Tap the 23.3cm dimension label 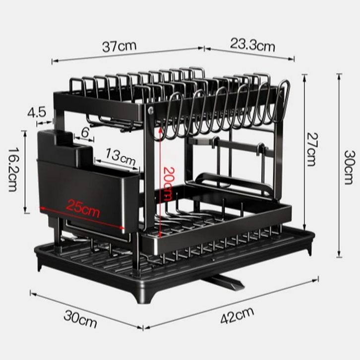click(x=252, y=45)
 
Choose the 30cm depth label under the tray click(x=80, y=321)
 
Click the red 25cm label click(x=84, y=209)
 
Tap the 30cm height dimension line click(x=339, y=166)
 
